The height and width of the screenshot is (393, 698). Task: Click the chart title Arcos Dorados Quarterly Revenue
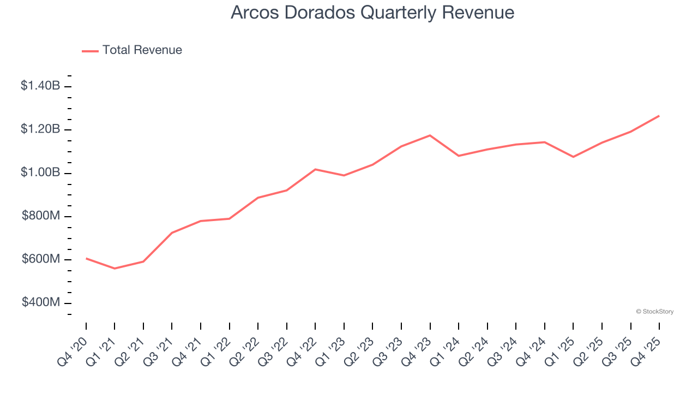[372, 13]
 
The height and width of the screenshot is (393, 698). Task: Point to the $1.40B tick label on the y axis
[40, 86]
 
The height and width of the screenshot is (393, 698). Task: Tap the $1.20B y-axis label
[40, 129]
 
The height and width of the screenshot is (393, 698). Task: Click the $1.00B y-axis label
[40, 172]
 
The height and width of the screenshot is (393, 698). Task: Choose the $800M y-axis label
[41, 216]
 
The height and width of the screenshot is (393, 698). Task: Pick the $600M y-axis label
[41, 259]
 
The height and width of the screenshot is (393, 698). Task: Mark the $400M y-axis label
[41, 302]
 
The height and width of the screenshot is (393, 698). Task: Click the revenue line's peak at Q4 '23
[430, 135]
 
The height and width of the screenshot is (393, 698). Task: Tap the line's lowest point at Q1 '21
[115, 269]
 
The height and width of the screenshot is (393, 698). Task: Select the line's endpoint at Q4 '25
[659, 116]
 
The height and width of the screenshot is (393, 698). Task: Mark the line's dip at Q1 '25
[573, 157]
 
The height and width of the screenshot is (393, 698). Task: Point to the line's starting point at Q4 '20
[86, 258]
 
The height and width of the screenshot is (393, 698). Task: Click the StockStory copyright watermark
[654, 312]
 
